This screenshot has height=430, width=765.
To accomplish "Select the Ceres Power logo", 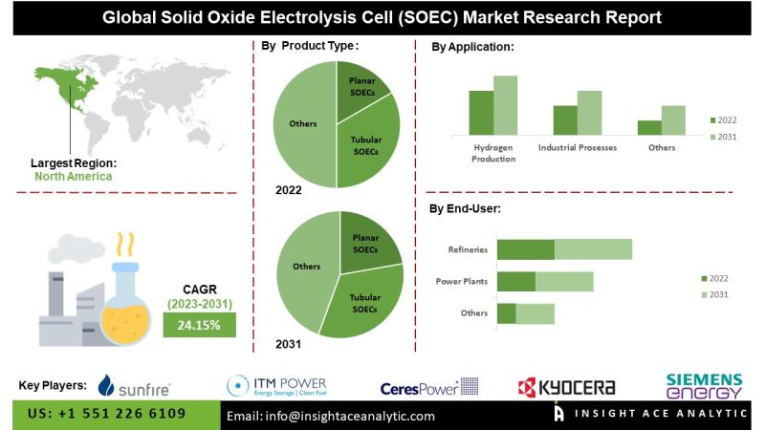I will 428,386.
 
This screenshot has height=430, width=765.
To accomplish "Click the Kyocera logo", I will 566,386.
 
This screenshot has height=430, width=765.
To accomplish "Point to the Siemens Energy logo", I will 704,384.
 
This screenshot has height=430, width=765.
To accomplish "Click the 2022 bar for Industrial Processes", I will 565,119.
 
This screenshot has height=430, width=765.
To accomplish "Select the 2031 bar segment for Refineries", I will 593,249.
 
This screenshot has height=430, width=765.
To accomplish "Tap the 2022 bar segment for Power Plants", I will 516,281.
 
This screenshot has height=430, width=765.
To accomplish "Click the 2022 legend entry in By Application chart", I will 722,120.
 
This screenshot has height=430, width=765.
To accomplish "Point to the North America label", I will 73,176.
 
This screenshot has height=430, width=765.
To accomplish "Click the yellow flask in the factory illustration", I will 127,302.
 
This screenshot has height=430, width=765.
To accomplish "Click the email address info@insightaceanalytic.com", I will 330,416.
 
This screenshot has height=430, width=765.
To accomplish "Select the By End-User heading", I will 465,208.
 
